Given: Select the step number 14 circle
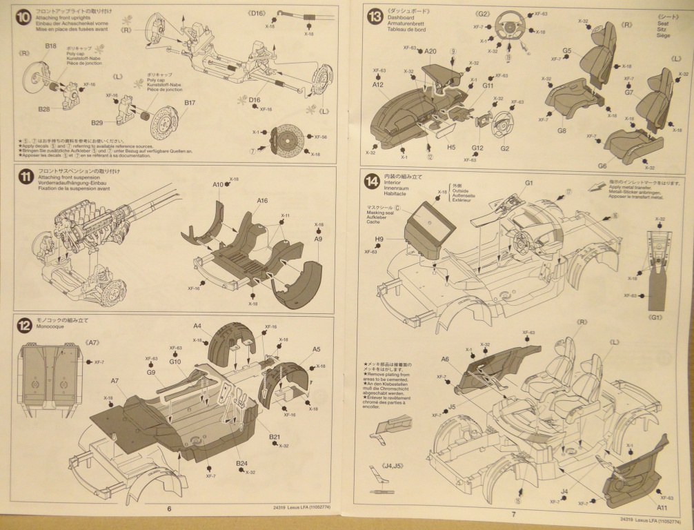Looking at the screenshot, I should (373, 181).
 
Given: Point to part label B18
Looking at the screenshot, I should (51, 46).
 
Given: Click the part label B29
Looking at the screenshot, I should (97, 123).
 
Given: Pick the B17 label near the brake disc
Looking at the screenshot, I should (190, 103).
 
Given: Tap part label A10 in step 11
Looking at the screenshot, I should (218, 185).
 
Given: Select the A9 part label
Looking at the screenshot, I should (318, 239).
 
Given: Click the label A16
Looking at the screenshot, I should (262, 201).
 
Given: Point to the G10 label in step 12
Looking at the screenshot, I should (175, 362).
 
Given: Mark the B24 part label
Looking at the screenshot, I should (241, 463).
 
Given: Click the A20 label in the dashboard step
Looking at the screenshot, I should (430, 51).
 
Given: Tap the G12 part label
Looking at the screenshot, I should (477, 148).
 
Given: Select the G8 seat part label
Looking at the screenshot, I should (562, 130).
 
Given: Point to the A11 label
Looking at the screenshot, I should (662, 507).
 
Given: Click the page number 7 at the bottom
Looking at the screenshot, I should (513, 513).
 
